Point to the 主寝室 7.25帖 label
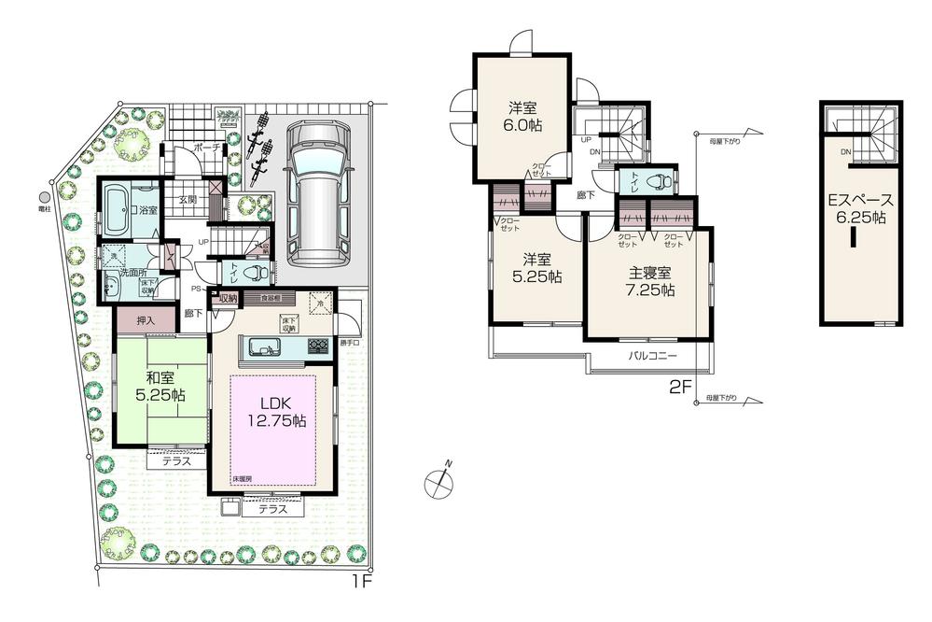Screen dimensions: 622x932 (649, 280)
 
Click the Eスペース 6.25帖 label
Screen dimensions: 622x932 (861, 208)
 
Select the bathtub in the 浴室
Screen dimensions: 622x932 (118, 211)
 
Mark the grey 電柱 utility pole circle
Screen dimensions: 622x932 (44, 198)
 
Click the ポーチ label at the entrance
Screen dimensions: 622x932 (206, 148)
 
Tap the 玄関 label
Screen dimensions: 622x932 (188, 199)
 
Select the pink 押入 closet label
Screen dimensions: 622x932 (145, 321)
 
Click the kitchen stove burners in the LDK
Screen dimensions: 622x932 (317, 347)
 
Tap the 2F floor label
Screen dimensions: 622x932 (680, 385)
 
